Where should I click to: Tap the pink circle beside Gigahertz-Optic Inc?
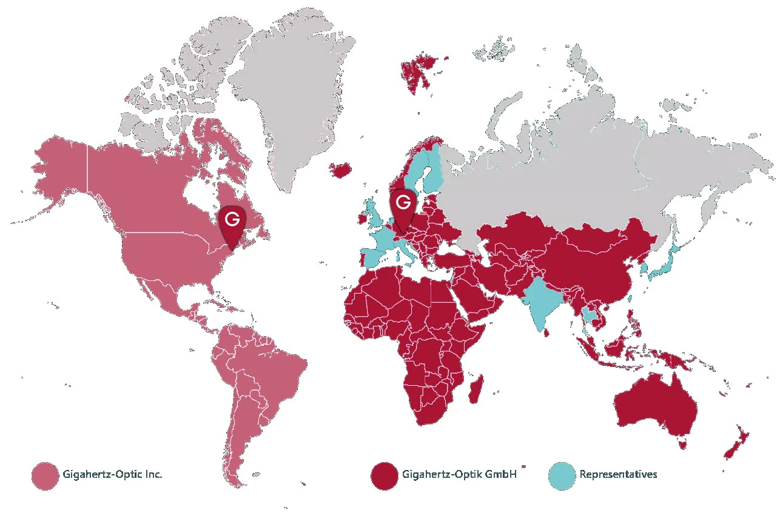tap(44, 475)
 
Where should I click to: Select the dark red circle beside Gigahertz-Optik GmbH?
tap(383, 475)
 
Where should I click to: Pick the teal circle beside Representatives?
tap(561, 475)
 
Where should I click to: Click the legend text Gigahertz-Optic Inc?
tap(112, 474)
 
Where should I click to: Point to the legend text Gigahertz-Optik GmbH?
tap(459, 474)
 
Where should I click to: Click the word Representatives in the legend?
tap(618, 474)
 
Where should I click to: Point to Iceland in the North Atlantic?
tap(340, 169)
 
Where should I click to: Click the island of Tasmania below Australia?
tap(683, 445)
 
